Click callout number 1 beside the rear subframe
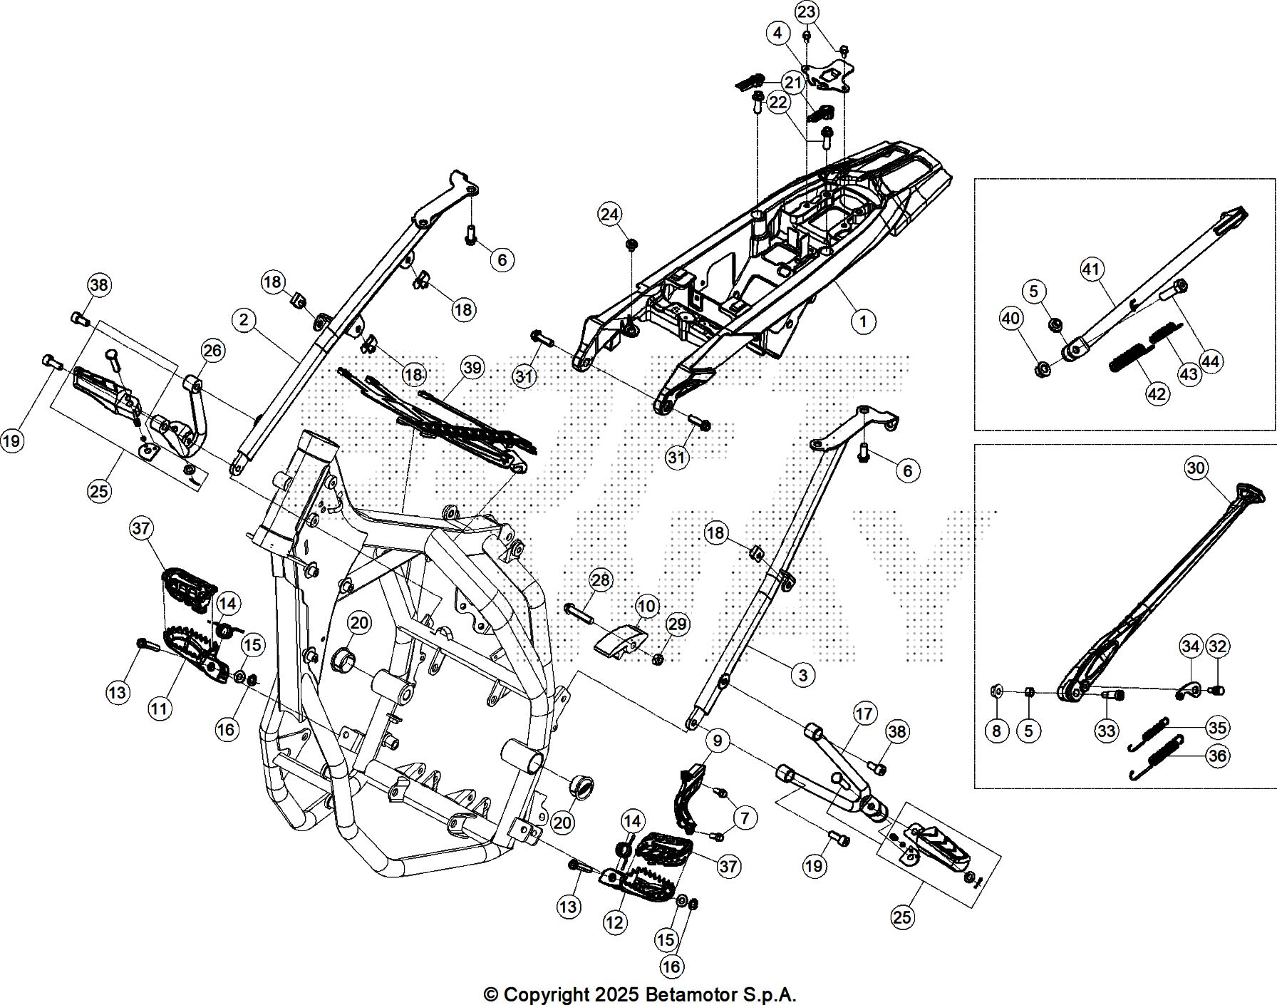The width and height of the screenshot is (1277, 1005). pos(863,321)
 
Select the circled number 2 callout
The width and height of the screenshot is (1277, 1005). pos(244,320)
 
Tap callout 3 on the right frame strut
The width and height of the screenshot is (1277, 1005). pos(802,674)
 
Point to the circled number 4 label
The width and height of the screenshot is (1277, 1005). pos(777,33)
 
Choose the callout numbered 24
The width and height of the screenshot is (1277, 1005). pos(609,215)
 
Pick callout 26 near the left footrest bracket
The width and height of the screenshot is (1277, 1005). pos(212,350)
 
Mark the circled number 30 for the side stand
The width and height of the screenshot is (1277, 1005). pos(1196,468)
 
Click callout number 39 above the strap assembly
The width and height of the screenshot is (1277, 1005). pos(472,368)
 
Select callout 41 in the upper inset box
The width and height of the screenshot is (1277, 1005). pos(1091,269)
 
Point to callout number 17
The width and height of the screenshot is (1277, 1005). pos(864,713)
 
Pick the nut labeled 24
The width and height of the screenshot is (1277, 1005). pos(631,245)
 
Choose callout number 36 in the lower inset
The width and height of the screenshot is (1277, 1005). pos(1217,755)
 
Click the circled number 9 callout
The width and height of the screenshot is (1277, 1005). pos(717,741)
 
